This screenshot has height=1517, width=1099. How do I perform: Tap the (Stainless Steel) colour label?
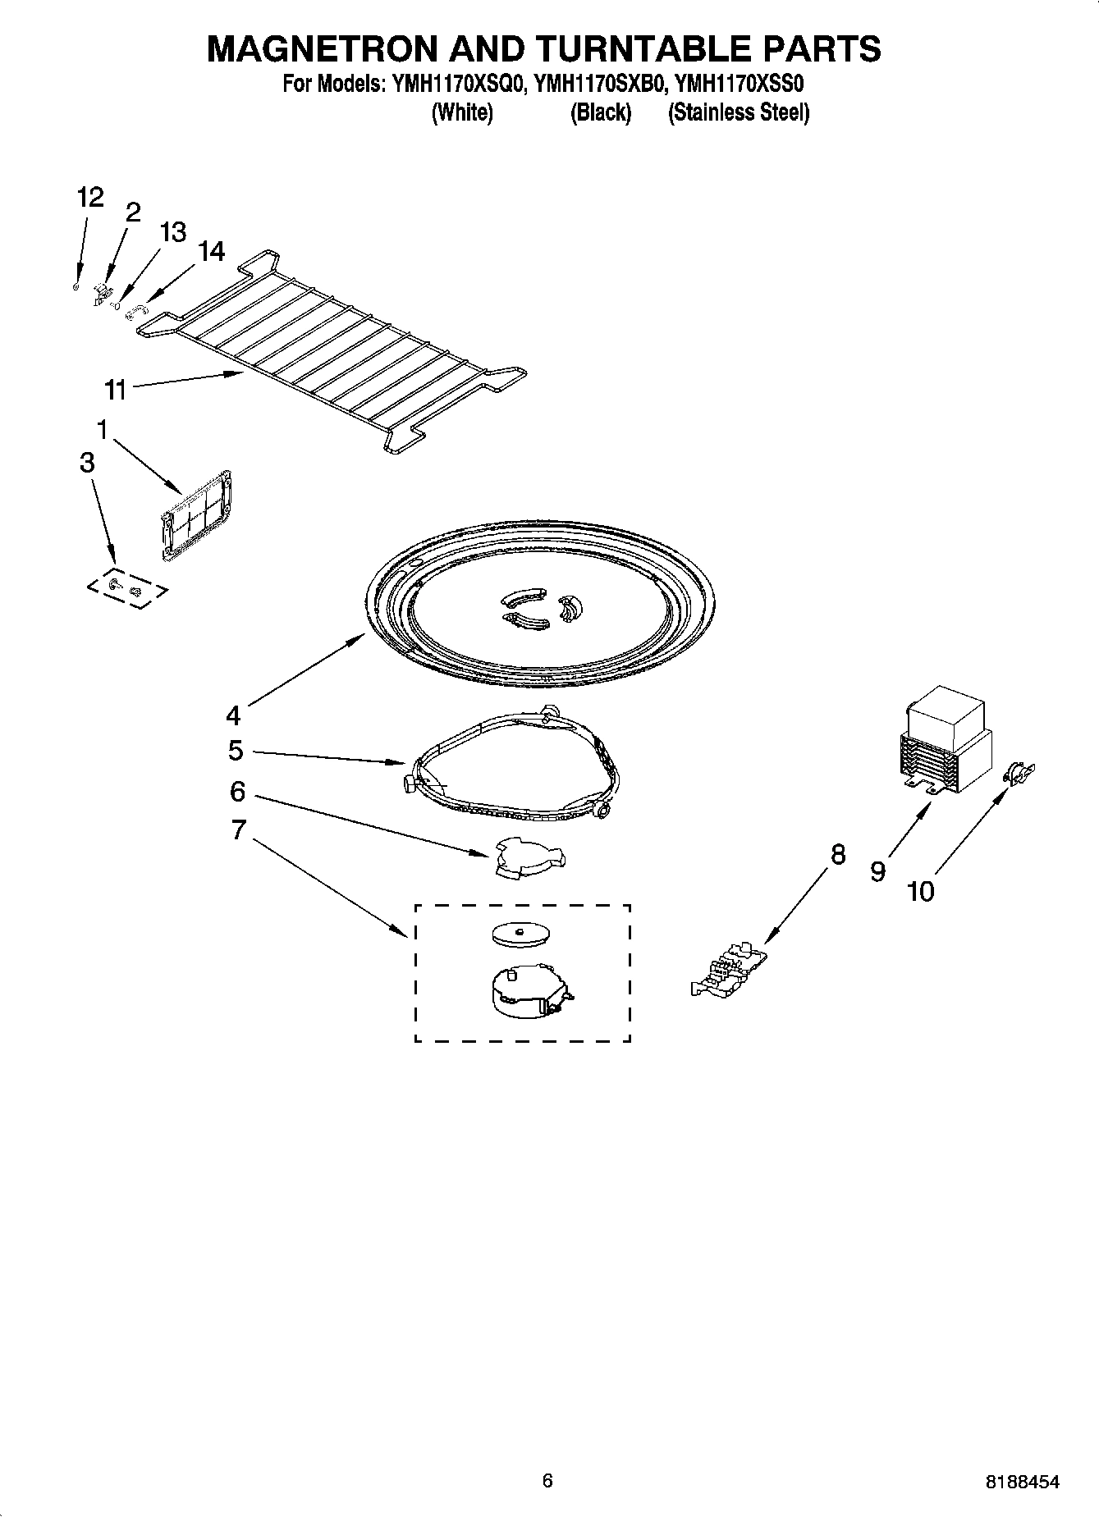coord(739,112)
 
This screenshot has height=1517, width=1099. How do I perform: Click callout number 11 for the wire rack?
coord(116,389)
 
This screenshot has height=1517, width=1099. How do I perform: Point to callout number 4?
coord(234,715)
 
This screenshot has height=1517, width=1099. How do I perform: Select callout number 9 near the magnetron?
coord(878,871)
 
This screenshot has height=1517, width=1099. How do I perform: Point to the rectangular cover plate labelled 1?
coord(196,516)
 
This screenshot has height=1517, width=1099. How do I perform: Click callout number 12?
coord(90,198)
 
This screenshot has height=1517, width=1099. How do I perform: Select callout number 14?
coord(211,251)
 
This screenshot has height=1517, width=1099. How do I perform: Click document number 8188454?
coord(1022,1482)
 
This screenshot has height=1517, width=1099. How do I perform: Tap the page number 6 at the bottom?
coord(547,1480)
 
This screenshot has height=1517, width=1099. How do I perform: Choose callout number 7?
coord(238,829)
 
